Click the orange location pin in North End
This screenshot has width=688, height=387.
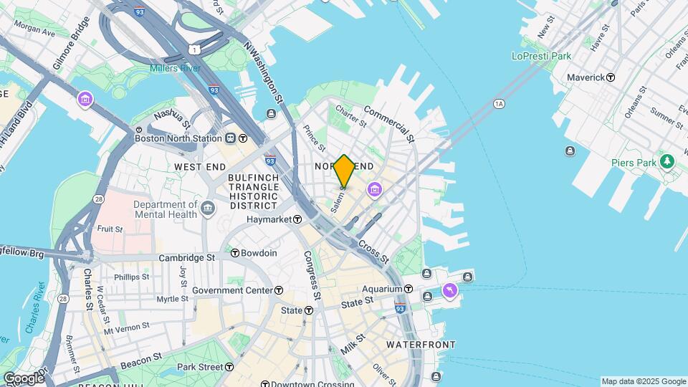[x=344, y=171]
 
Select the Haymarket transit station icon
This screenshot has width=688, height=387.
[x=297, y=219]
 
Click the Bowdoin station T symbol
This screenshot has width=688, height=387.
[x=234, y=253]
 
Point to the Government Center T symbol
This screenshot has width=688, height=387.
[x=279, y=290]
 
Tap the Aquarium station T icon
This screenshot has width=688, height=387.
[x=408, y=289]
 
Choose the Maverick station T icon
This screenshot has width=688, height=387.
[x=611, y=77]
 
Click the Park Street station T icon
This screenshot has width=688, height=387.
[x=229, y=367]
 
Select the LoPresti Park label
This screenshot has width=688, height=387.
[x=541, y=56]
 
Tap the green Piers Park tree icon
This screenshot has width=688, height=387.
[x=668, y=161]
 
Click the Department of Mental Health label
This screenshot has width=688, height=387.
[x=165, y=209]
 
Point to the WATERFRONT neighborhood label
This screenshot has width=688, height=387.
[x=421, y=345]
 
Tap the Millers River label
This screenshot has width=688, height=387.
[x=175, y=68]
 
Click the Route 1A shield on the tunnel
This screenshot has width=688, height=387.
[x=499, y=105]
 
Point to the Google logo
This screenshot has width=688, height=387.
[x=23, y=378]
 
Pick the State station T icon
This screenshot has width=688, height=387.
[x=308, y=310]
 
